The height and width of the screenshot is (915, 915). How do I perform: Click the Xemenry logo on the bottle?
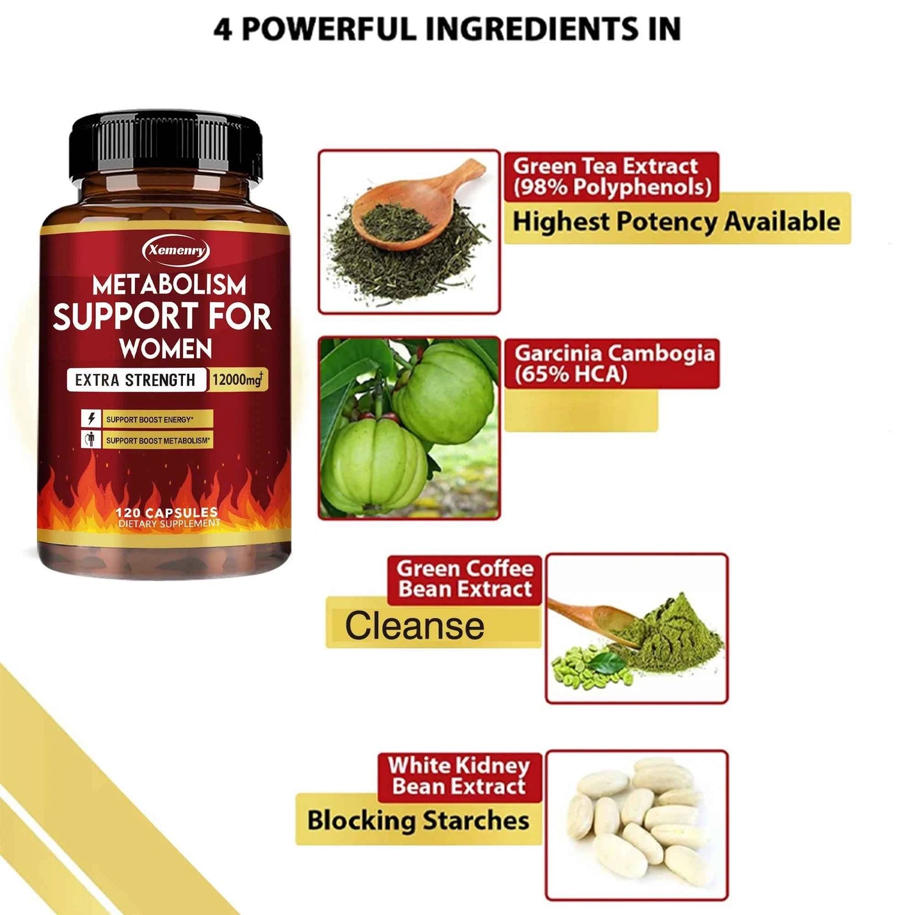coord(176,250)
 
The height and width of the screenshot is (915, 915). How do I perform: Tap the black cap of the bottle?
coord(166,144)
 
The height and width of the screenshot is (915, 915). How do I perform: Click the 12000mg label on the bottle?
coord(238,379)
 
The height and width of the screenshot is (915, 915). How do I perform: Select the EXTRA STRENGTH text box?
coord(135,380)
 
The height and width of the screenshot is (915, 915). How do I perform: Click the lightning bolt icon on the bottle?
coord(91,419)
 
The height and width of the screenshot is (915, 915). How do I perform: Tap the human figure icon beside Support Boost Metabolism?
coord(91,440)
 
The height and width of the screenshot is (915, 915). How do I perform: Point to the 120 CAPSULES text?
coord(167,512)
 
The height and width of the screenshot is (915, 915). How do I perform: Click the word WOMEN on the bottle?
coord(166,349)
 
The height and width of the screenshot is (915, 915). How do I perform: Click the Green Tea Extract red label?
coord(612,176)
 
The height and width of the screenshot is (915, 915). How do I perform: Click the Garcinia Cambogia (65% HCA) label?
coord(612,364)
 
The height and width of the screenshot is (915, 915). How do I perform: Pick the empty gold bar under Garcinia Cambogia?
coord(581,411)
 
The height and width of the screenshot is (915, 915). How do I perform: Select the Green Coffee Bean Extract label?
coord(465,579)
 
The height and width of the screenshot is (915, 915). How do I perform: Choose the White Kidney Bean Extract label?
coord(459,776)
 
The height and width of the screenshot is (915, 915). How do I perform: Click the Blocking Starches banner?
coord(418,820)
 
